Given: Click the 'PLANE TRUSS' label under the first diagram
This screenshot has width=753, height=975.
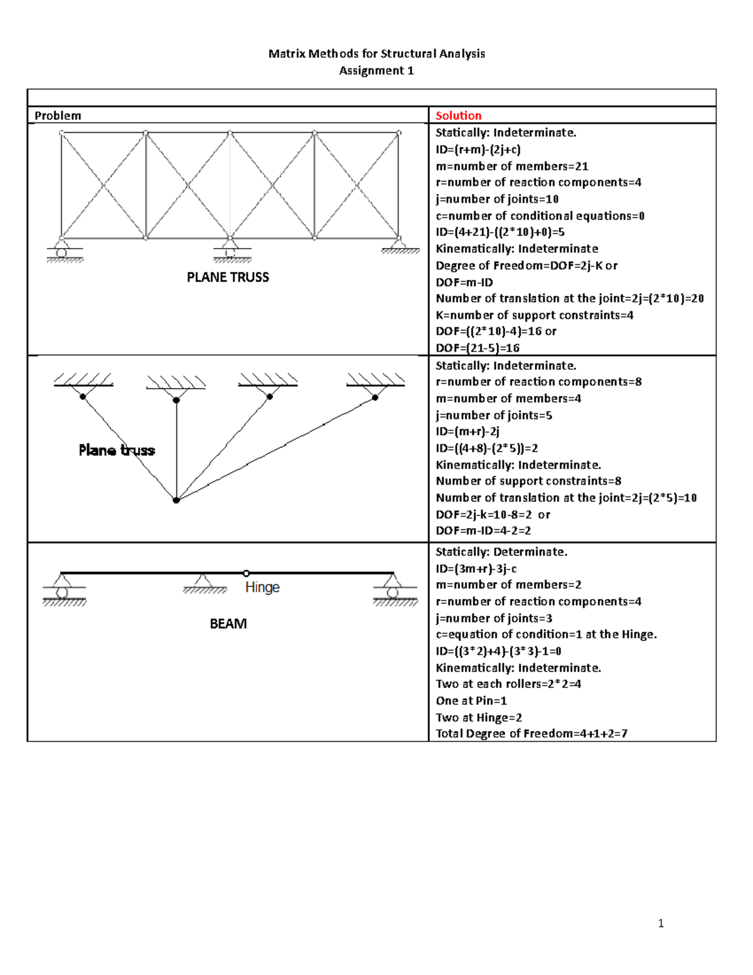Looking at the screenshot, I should point(228,277).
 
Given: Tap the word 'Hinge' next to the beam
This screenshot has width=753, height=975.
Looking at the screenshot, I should point(262,587).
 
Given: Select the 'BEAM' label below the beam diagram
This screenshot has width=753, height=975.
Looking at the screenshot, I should point(228,623).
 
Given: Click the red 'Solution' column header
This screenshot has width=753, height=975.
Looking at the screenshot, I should point(458,116).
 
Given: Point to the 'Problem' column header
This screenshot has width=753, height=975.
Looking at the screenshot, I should point(58,116).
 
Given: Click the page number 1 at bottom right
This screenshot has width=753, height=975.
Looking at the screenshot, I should point(661,923).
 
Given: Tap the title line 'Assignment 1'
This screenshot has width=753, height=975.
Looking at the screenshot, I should point(376,70).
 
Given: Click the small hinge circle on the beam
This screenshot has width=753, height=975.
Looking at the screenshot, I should point(246,573).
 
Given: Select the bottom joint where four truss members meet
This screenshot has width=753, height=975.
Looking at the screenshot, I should point(176,500).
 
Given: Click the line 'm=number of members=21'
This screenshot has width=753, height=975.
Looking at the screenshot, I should point(512,166).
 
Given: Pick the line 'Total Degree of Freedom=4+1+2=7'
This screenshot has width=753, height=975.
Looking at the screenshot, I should point(531,733).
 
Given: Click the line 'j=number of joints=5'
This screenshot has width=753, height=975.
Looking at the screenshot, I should point(494,415).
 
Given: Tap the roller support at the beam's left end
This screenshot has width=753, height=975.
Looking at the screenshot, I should point(62,589).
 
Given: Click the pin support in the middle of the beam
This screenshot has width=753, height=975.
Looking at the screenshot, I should point(203,583).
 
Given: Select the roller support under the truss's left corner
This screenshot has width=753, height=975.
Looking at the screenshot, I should point(61,250).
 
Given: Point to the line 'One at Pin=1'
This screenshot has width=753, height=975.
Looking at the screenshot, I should point(471,701).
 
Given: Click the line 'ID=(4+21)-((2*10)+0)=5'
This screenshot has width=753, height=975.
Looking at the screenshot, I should point(500,232).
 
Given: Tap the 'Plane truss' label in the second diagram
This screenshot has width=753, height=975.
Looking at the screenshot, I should point(117,450).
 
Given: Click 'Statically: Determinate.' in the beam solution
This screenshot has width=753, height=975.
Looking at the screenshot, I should point(501,552).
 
